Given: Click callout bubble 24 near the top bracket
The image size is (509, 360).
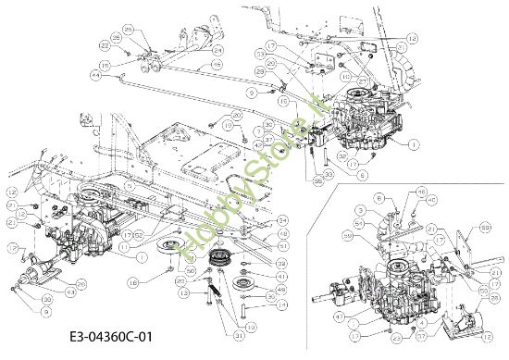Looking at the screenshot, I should click(219, 50).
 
